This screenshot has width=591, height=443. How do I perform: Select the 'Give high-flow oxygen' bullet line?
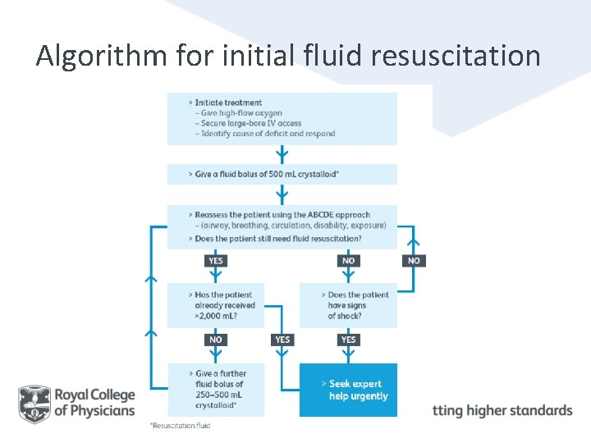coord(239,113)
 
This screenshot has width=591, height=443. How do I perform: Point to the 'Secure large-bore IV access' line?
coord(249,123)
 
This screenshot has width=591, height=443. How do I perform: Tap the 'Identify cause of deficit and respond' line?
coord(265,134)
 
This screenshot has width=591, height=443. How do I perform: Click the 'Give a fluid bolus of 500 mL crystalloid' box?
coord(282,175)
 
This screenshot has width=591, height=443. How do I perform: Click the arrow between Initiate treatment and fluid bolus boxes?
coord(282,154)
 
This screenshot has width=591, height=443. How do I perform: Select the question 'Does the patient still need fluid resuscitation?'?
coord(278,239)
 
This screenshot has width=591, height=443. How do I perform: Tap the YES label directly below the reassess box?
coord(216,261)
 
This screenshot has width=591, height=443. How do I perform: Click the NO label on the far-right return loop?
coord(414,261)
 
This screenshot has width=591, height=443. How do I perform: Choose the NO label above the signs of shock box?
coord(348,261)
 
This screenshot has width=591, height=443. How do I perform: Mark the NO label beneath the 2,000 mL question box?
coord(216,339)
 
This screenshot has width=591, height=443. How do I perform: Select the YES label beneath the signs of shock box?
coord(348,339)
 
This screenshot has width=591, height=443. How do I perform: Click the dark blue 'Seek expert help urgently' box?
coord(348,390)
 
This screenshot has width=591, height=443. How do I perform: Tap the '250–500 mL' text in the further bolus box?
coord(219,395)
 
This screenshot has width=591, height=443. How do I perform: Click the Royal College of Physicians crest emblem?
coord(34,404)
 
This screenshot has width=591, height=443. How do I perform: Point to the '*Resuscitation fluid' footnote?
coord(181,426)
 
